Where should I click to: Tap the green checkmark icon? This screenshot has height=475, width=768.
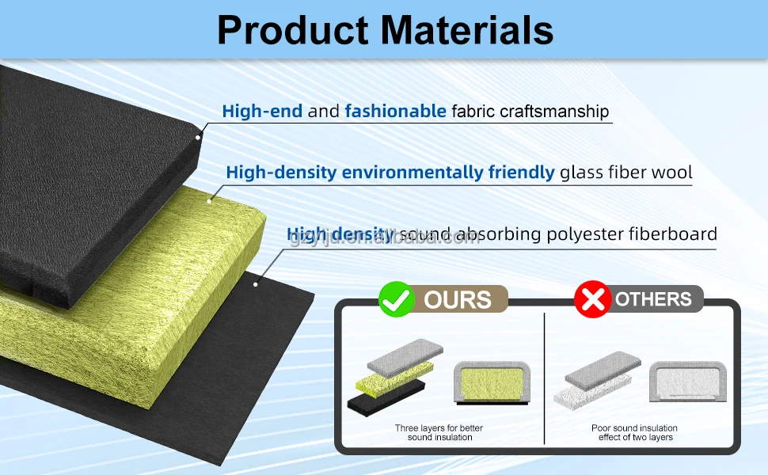pos(396,299)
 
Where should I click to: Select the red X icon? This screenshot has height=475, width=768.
pos(592,299)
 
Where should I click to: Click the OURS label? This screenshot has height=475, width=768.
pos(458,300)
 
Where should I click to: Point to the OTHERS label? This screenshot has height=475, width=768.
pos(653,299)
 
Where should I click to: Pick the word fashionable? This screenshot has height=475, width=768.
pos(395,112)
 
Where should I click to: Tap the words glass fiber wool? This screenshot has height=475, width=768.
pos(625,172)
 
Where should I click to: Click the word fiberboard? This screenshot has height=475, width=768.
pos(673,234)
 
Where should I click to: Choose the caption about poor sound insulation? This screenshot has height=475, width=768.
pos(634,433)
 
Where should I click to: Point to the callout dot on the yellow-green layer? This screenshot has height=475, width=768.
pos(210,200)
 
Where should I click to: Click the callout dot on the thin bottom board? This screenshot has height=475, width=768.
pos(256,283)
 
